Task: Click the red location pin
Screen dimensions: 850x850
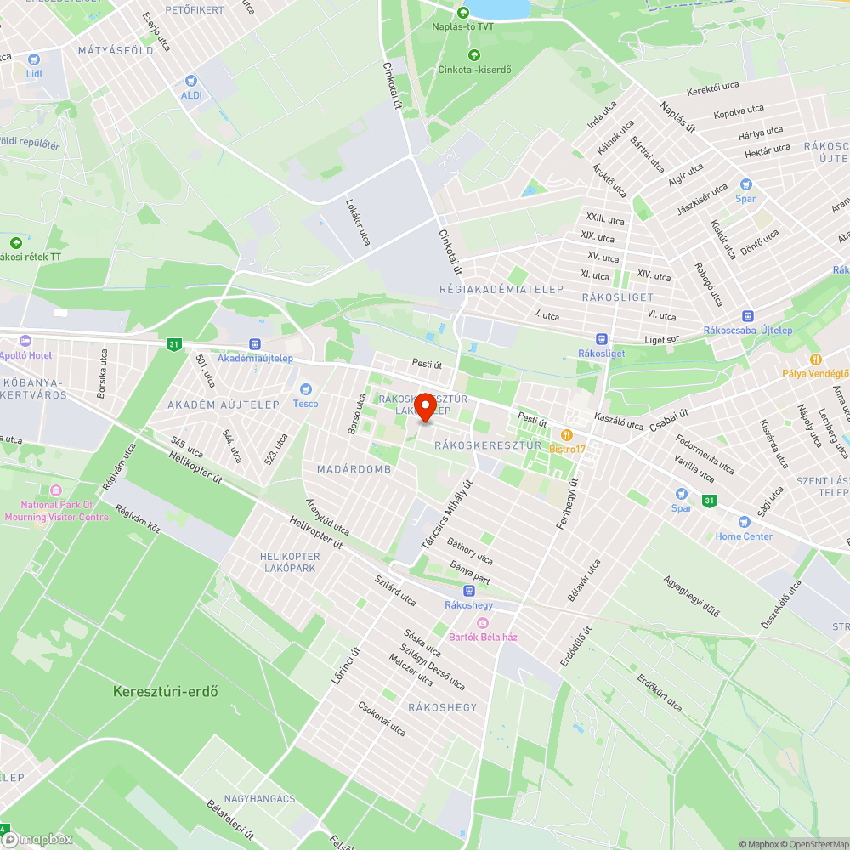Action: (425, 408)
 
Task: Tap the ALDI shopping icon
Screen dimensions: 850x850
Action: (191, 81)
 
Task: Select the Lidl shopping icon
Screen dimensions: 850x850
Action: (34, 59)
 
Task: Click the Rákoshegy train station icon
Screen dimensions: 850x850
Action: (468, 591)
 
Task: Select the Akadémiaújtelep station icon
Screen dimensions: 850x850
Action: (254, 343)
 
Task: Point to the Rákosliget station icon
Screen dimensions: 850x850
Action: (601, 338)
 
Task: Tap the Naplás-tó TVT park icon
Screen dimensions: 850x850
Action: (463, 13)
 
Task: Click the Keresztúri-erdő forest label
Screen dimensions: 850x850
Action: (166, 692)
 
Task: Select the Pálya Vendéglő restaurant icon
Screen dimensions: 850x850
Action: (816, 359)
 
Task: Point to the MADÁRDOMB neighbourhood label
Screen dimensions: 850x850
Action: (354, 469)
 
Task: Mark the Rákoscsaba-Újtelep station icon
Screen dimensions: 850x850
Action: (747, 316)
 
